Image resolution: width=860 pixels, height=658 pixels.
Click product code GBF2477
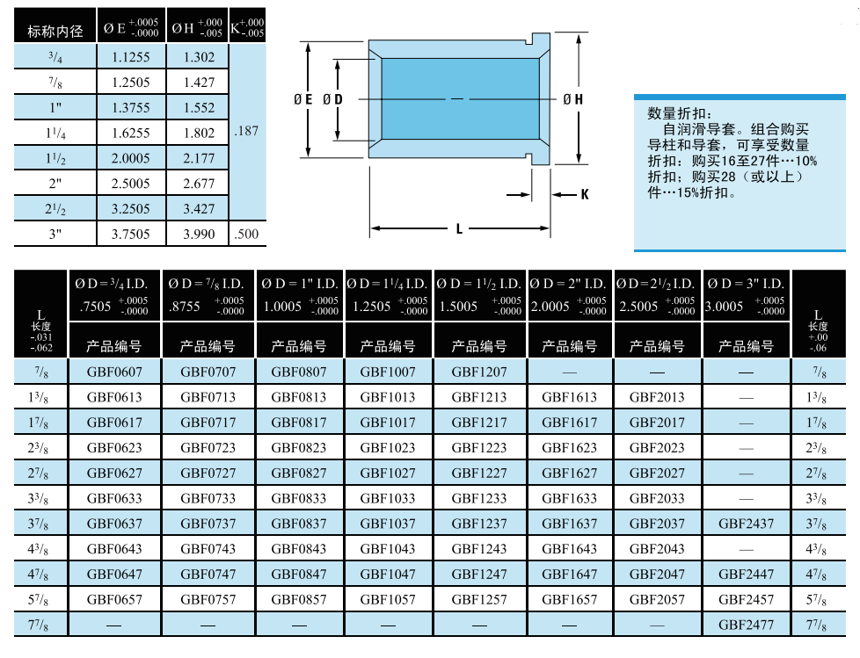[747, 625]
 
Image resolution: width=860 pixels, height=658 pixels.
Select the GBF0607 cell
[114, 372]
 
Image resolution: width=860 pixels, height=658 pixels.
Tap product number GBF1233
[479, 498]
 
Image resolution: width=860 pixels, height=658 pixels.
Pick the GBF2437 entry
[747, 524]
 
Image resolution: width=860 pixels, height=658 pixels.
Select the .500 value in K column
[247, 235]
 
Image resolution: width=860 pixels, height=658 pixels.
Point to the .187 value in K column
[247, 131]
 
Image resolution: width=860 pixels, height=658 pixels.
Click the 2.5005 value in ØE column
[131, 184]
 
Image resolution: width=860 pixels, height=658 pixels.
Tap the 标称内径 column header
[55, 31]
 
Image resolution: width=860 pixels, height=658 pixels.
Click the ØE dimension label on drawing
[302, 100]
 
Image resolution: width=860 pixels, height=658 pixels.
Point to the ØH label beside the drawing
[572, 100]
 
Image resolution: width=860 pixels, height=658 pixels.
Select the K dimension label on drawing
[584, 194]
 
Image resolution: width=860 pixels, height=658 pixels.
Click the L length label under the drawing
[459, 229]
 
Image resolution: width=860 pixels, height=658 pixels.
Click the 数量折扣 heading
[673, 113]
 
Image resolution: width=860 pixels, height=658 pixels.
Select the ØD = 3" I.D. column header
[747, 284]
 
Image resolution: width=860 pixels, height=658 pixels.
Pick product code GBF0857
[299, 600]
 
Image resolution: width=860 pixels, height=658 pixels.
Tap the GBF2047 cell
[657, 575]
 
